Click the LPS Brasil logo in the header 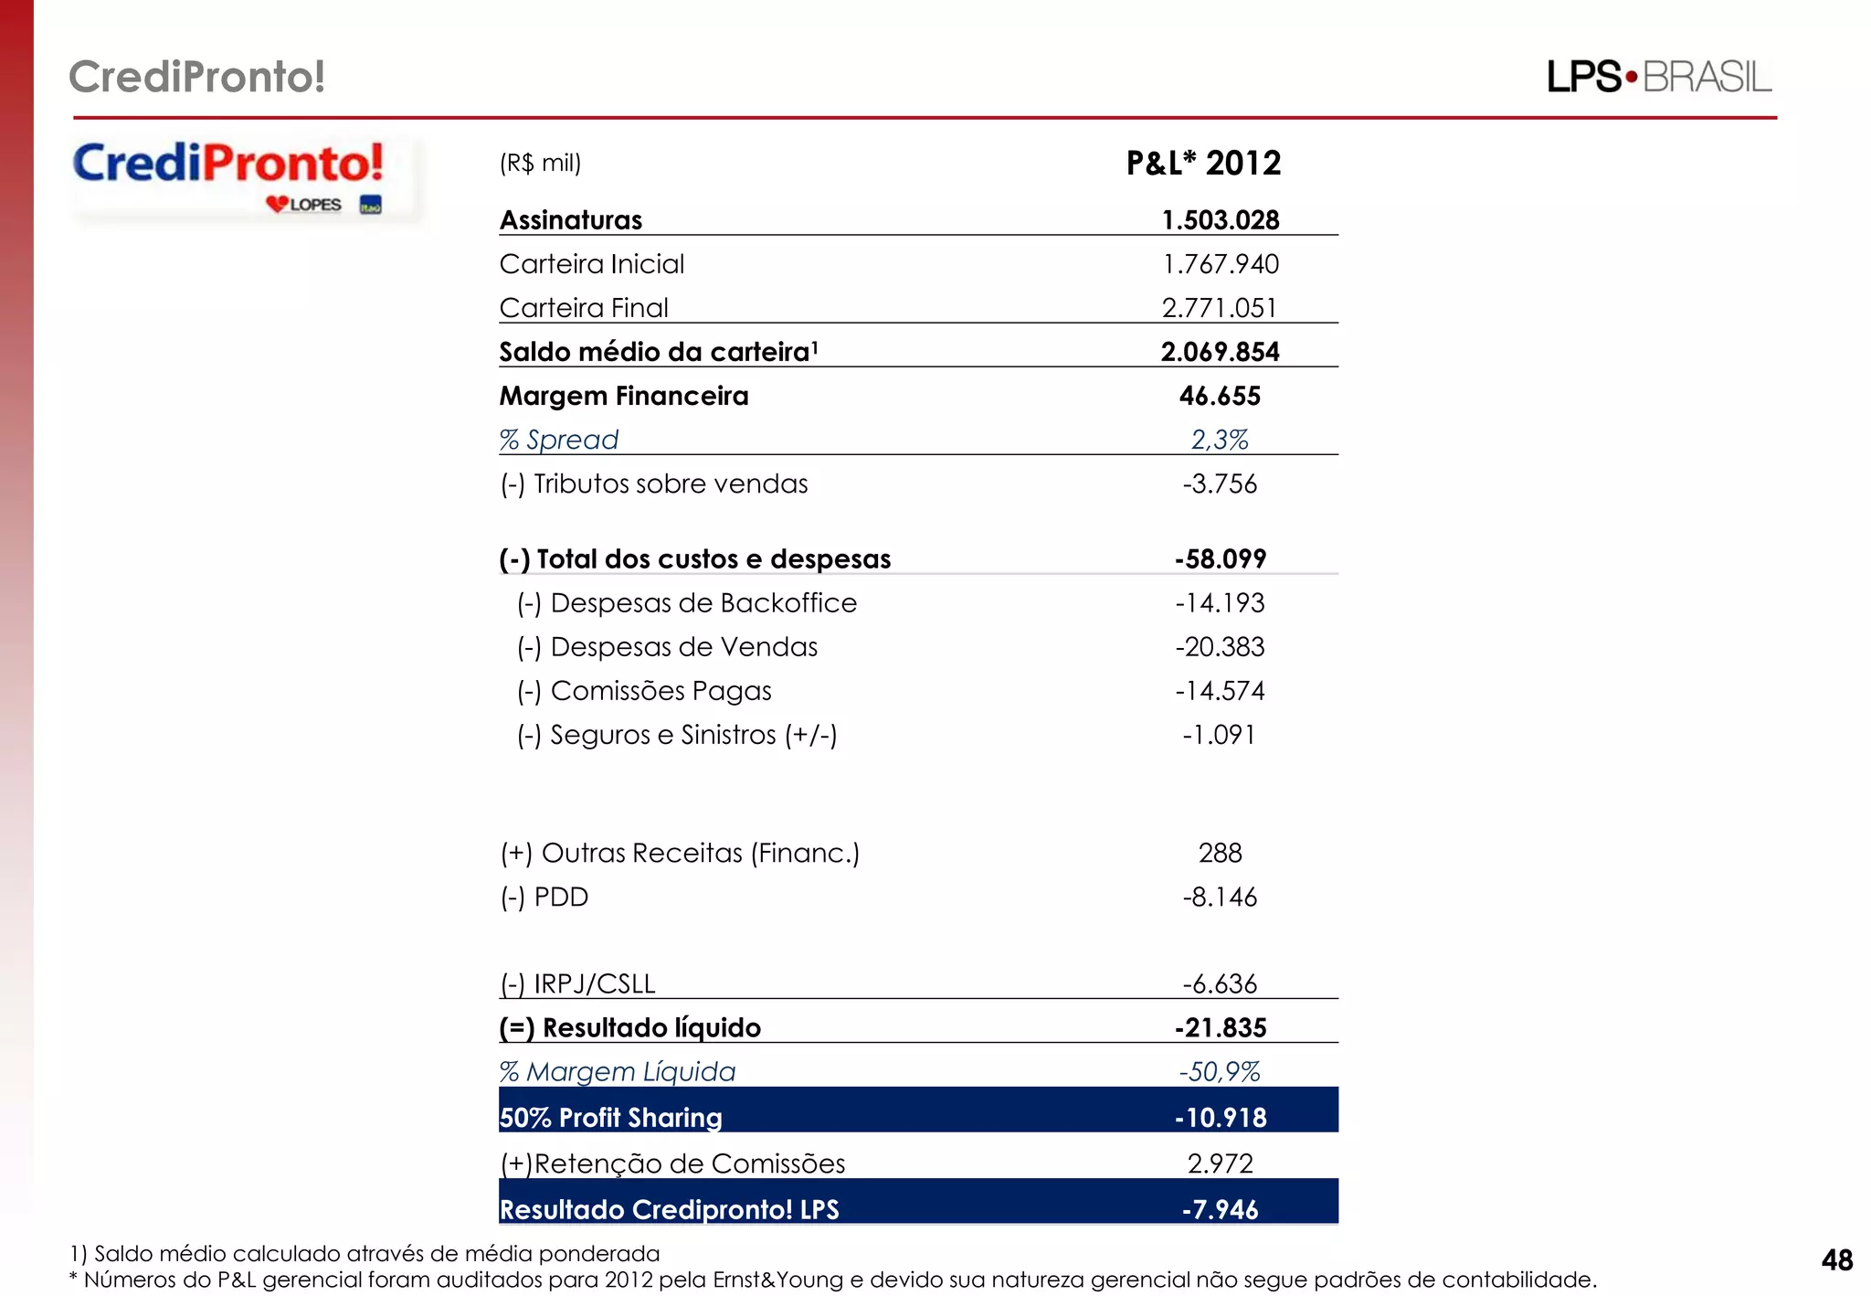1658,77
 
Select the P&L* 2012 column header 1203,164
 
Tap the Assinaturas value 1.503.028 1220,220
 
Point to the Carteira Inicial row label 591,264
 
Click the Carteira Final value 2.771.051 1220,308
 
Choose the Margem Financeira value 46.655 1220,396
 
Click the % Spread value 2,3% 1220,440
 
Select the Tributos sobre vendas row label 653,483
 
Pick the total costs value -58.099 1220,558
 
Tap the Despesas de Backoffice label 687,603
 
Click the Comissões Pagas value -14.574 1220,691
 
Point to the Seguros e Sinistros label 677,735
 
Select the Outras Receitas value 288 1220,853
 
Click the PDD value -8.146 1220,897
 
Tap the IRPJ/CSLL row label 577,983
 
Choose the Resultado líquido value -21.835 1220,1027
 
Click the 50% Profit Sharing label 610,1117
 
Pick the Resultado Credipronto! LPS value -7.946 1220,1209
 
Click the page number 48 1836,1260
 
